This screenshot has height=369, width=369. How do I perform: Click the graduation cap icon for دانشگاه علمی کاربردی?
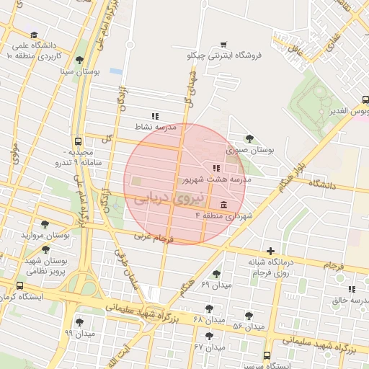33,35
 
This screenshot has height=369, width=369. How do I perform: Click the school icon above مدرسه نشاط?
154,115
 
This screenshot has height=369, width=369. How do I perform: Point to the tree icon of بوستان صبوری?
249,138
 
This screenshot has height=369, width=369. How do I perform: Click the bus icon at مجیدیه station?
78,141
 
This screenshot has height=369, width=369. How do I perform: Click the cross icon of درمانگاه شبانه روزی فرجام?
270,251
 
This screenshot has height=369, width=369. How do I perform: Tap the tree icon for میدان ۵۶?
249,316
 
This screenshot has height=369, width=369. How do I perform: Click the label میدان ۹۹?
79,333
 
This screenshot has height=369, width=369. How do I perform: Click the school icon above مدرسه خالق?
352,289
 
